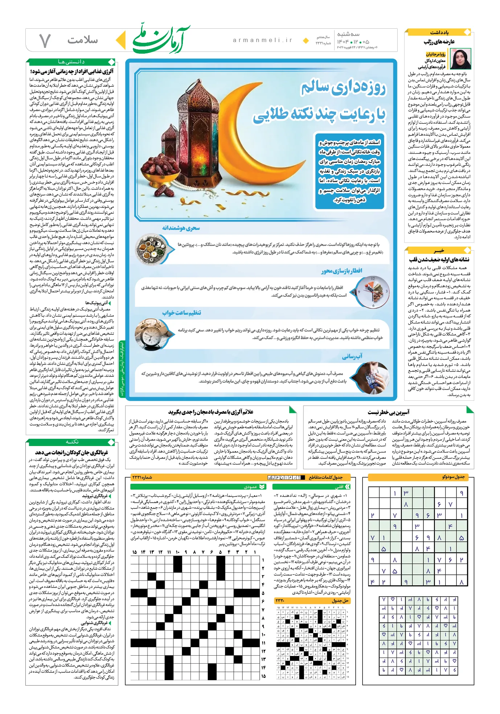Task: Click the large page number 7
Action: (45, 41)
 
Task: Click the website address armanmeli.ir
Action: (262, 40)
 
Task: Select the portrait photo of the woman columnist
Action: (460, 59)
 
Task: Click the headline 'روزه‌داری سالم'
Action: (343, 88)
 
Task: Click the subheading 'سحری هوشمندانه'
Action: (181, 228)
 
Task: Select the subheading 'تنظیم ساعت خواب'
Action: (181, 313)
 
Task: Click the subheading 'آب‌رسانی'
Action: (352, 356)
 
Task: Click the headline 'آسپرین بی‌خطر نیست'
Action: (388, 412)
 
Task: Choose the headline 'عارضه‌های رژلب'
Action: (439, 42)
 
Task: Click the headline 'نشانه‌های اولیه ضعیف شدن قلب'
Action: (439, 260)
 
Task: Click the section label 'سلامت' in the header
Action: (82, 40)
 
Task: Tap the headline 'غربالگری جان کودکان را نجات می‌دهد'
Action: (71, 452)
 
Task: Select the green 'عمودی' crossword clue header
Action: (250, 487)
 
